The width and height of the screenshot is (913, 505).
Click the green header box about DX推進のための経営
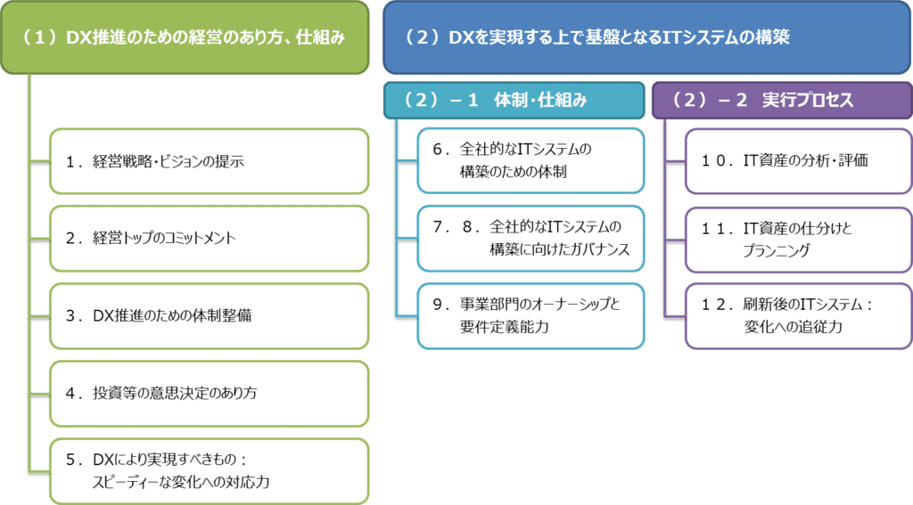pos(184,37)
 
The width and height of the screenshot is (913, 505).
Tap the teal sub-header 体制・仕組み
pos(514,101)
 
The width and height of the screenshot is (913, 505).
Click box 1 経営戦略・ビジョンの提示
pos(209,161)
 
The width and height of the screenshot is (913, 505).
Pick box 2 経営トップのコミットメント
pos(209,238)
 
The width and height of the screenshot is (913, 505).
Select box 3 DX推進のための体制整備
pos(209,315)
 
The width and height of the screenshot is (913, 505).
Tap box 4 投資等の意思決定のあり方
pos(209,392)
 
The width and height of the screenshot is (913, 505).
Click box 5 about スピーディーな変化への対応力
pos(209,470)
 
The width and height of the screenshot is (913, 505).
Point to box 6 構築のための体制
pos(530,160)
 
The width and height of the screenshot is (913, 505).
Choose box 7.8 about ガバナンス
pos(530,238)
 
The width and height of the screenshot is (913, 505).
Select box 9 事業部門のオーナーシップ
pos(530,315)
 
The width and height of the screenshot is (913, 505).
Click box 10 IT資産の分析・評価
pos(797,161)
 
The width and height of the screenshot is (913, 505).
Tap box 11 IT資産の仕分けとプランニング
pos(797,239)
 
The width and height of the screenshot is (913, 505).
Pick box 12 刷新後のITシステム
pos(797,315)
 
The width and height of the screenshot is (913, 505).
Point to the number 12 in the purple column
pos(712,305)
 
